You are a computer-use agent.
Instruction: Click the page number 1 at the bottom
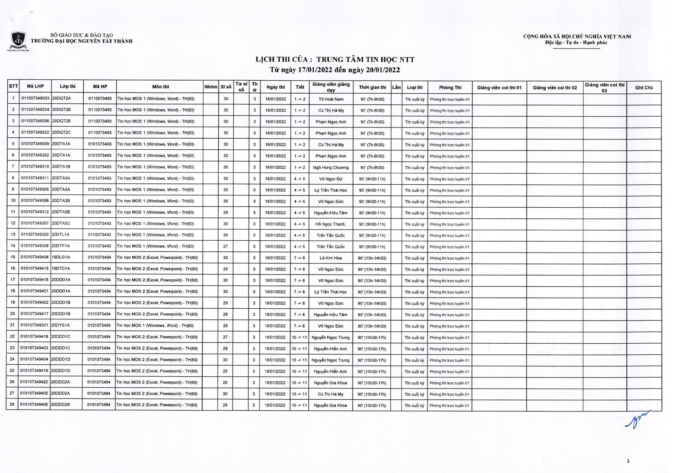pyautogui.click(x=628, y=461)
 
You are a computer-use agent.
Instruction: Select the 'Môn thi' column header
pyautogui.click(x=160, y=87)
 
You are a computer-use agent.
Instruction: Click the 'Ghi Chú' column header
pyautogui.click(x=644, y=88)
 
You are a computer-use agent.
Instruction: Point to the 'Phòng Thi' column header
pyautogui.click(x=450, y=88)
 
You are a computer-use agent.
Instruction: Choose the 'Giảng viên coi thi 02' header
pyautogui.click(x=554, y=88)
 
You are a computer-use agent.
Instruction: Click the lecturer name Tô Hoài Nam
pyautogui.click(x=331, y=99)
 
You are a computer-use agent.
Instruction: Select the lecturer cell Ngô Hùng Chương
pyautogui.click(x=331, y=167)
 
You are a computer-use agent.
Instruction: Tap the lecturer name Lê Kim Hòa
pyautogui.click(x=330, y=258)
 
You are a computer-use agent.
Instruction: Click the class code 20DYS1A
pyautogui.click(x=61, y=325)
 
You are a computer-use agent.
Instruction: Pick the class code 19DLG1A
pyautogui.click(x=61, y=257)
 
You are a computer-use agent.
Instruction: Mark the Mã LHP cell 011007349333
pyautogui.click(x=35, y=98)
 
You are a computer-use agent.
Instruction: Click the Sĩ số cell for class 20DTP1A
pyautogui.click(x=226, y=246)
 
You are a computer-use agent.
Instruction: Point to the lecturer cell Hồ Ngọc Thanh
pyautogui.click(x=330, y=224)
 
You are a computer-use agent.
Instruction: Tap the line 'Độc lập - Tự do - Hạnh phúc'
pyautogui.click(x=576, y=43)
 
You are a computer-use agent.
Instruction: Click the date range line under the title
pyautogui.click(x=335, y=70)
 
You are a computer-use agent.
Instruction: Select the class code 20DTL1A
pyautogui.click(x=61, y=235)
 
